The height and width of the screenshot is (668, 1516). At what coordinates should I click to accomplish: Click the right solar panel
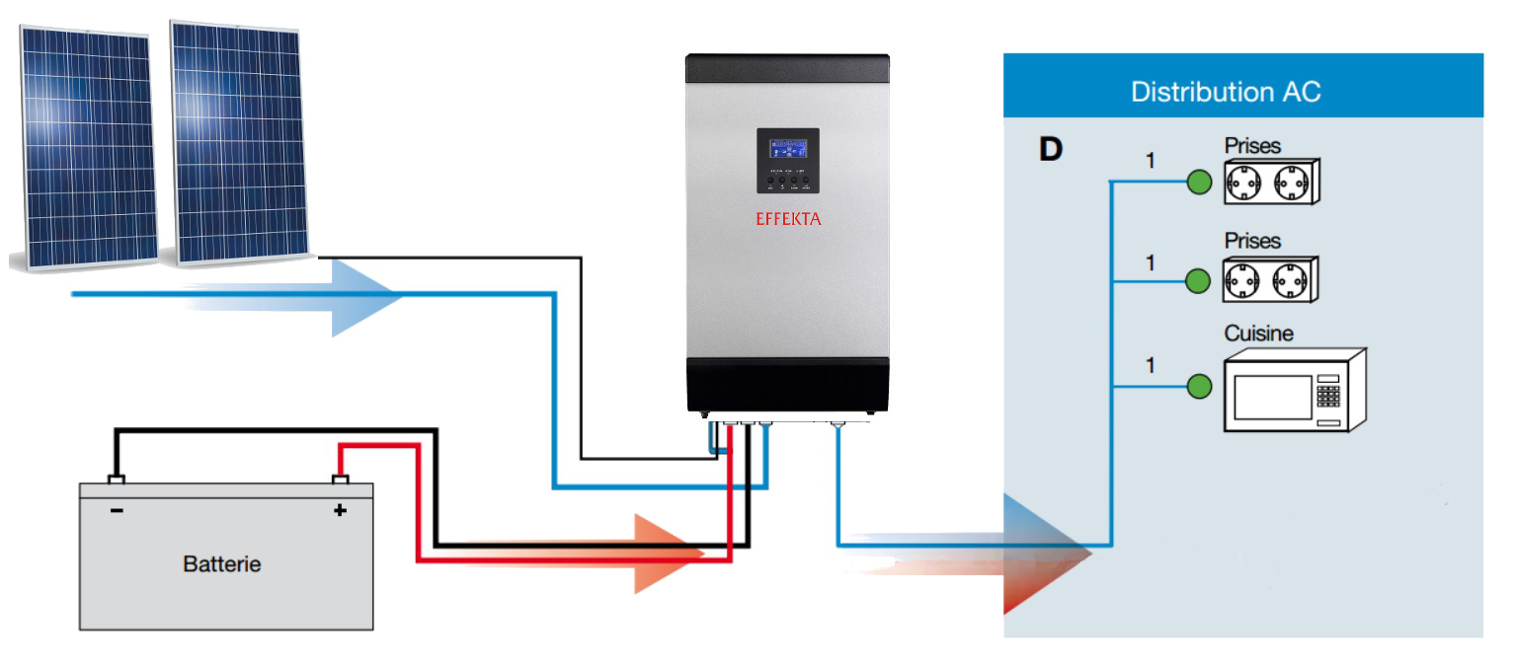(x=238, y=143)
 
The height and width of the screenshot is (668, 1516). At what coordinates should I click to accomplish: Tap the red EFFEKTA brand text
(x=787, y=219)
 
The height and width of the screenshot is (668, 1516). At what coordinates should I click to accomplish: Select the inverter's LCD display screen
(x=787, y=149)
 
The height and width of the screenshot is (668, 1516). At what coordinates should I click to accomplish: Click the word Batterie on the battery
(x=222, y=564)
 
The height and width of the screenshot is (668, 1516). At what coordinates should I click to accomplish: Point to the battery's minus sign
(x=117, y=510)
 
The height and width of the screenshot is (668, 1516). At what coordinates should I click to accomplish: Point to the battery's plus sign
(x=340, y=510)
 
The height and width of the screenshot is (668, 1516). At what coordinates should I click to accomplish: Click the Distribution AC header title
(x=1226, y=93)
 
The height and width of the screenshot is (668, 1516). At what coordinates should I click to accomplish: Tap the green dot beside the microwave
(x=1198, y=387)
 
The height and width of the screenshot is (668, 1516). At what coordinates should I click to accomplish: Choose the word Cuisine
(x=1258, y=334)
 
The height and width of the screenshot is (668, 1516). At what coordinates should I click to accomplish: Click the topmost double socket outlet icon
(x=1270, y=183)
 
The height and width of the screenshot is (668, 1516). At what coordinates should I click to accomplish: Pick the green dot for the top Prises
(x=1198, y=183)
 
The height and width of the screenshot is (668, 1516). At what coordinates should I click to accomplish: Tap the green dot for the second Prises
(x=1198, y=280)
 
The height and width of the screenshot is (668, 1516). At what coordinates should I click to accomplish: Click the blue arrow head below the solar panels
(x=365, y=295)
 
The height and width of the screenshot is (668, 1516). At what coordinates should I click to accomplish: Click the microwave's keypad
(x=1328, y=396)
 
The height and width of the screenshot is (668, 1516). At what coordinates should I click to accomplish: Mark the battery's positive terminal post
(x=340, y=481)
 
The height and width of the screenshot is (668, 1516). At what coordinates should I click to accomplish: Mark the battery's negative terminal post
(x=117, y=481)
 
